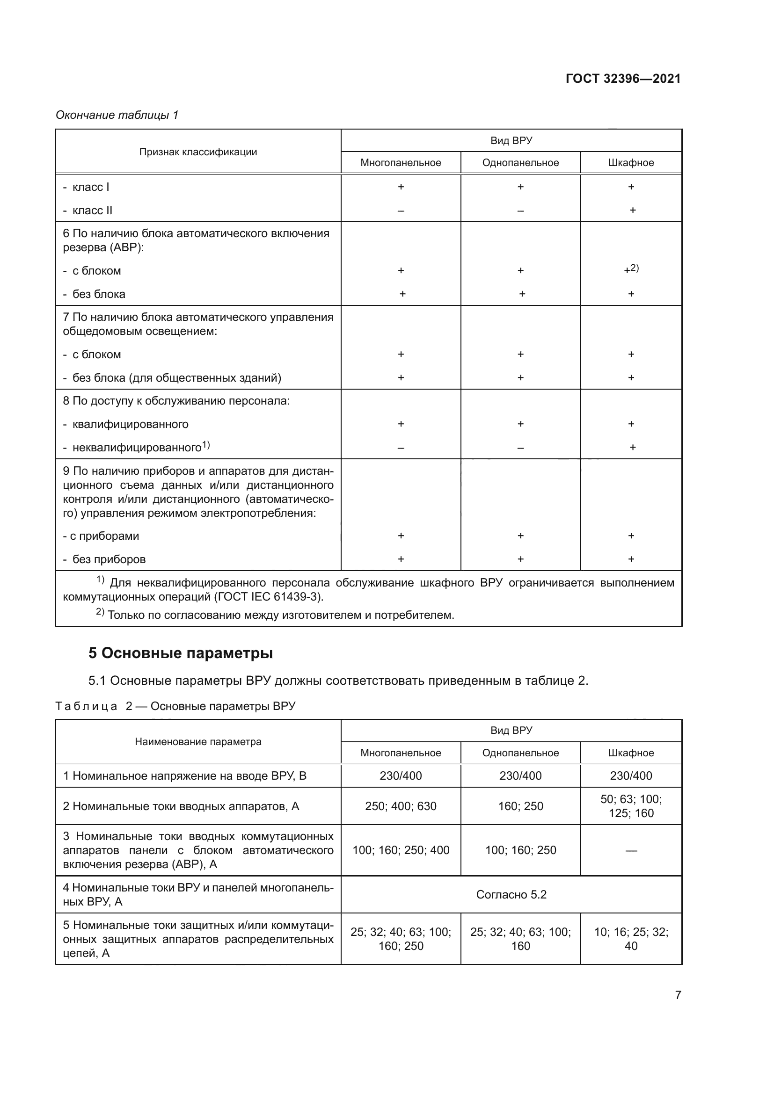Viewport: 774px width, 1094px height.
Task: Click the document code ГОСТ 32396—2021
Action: point(623,79)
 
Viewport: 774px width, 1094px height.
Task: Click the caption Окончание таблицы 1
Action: point(117,115)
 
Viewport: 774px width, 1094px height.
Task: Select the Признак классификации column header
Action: point(198,152)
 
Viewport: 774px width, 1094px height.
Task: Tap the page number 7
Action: point(678,994)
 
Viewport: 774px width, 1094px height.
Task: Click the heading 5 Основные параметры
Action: point(181,653)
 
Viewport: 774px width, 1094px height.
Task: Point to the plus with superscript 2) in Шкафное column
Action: point(631,270)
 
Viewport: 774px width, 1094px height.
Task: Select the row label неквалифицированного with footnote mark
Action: point(136,448)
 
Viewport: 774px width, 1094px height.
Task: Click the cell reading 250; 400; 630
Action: point(401,806)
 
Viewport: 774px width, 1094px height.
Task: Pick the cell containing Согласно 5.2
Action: point(511,894)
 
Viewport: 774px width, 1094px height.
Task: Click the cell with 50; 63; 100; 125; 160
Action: point(631,806)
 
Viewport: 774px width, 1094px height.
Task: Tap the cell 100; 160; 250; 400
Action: point(401,849)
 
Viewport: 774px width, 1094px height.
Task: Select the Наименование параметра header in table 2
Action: point(198,741)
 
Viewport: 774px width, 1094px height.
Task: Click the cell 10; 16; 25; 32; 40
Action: point(631,939)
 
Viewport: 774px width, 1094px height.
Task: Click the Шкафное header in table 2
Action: point(631,753)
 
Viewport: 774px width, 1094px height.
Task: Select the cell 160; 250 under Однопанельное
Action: point(520,806)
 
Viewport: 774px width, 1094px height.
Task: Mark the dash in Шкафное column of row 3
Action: point(631,850)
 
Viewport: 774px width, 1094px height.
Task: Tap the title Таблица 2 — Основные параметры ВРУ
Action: point(175,706)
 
